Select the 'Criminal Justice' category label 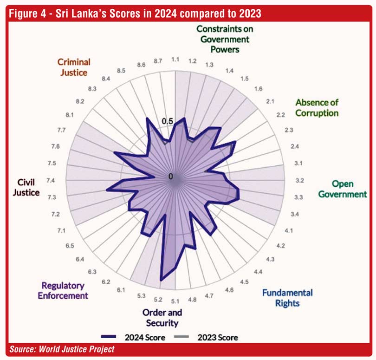pos(73,67)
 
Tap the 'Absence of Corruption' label pos(317,107)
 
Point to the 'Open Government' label pos(343,189)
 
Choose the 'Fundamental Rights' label pos(287,298)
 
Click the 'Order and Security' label pos(162,318)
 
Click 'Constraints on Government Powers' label pos(225,39)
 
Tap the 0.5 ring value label pos(167,121)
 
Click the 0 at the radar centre pos(171,177)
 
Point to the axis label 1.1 pos(175,59)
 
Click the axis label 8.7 pos(158,60)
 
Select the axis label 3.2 pos(299,180)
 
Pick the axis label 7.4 pos(52,180)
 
